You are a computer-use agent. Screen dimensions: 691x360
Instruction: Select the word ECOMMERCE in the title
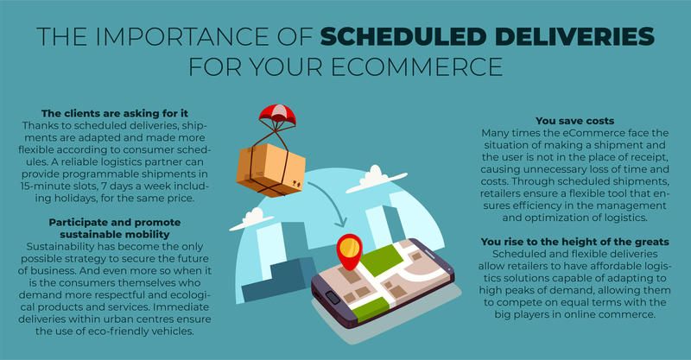[417, 66]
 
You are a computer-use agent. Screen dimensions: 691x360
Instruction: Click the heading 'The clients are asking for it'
[115, 113]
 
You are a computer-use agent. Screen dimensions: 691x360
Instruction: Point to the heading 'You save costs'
[574, 121]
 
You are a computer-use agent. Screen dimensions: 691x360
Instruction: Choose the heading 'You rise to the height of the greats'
[574, 242]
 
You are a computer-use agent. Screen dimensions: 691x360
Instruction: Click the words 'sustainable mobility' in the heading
[115, 235]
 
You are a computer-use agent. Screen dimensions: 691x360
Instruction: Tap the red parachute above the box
[277, 113]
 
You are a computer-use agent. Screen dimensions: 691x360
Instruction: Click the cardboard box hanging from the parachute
[270, 170]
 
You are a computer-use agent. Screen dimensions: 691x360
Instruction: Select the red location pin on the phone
[349, 251]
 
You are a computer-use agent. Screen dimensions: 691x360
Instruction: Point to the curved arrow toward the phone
[329, 201]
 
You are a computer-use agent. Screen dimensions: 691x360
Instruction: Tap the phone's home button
[333, 298]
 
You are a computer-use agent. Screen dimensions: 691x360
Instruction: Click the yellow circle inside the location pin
[350, 247]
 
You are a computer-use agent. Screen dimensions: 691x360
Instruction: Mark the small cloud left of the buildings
[251, 219]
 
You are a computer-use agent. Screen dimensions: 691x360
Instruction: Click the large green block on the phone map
[377, 259]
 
